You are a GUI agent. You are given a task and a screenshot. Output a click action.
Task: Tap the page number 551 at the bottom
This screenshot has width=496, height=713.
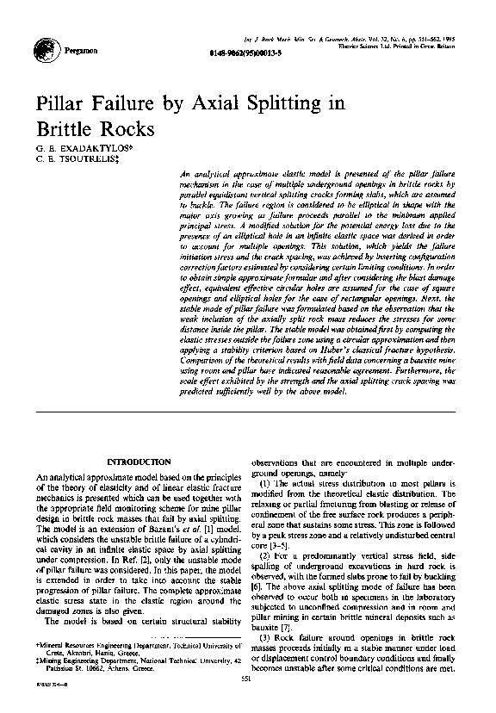(248, 680)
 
